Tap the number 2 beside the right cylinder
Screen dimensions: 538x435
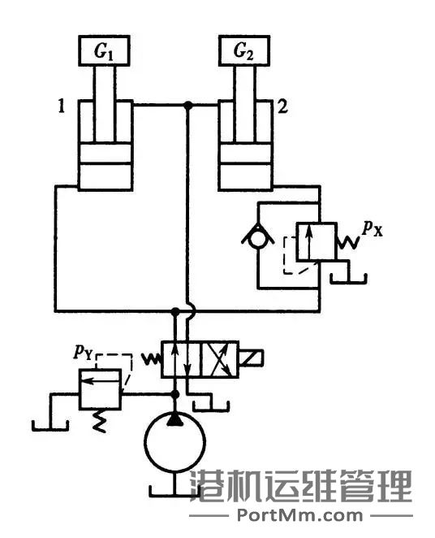click(x=281, y=106)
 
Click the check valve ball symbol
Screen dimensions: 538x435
click(x=258, y=238)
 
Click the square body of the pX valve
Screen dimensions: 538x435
click(x=313, y=241)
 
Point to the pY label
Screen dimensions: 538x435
click(x=82, y=352)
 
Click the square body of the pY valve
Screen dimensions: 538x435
click(x=99, y=388)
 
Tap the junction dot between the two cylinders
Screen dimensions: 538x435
click(x=188, y=105)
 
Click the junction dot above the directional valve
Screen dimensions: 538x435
click(x=175, y=311)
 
